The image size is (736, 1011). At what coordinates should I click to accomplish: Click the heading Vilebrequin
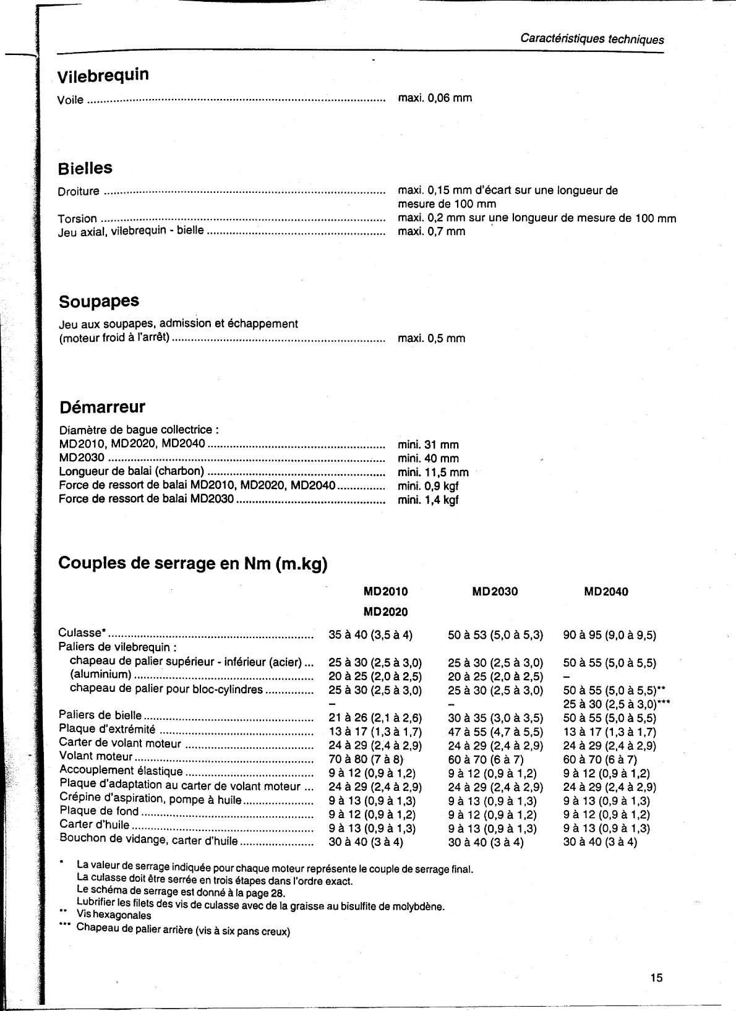click(103, 75)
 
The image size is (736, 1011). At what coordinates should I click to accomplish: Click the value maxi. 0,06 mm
click(435, 98)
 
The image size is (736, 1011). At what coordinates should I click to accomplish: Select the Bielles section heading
click(85, 168)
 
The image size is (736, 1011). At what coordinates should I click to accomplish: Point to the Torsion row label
click(77, 218)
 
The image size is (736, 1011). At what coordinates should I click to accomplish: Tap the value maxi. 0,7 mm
click(431, 231)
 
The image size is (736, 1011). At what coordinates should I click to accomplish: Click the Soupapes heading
click(99, 302)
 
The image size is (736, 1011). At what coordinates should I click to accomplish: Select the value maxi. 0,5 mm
click(431, 338)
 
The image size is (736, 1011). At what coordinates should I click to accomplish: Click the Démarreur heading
click(102, 407)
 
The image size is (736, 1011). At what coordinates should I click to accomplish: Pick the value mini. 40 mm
click(428, 458)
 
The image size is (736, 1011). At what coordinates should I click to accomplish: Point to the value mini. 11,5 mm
click(433, 472)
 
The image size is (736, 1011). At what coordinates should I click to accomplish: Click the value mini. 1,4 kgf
click(428, 500)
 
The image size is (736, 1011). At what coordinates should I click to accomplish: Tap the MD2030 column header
click(495, 592)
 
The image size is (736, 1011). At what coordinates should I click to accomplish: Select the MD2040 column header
click(605, 592)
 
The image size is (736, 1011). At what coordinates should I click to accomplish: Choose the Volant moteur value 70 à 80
click(366, 759)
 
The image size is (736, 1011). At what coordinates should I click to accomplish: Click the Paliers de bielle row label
click(100, 715)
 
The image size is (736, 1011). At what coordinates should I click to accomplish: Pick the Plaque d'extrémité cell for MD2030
click(495, 732)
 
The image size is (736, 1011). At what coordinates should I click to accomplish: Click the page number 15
click(656, 978)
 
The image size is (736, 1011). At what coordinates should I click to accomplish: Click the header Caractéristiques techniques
click(592, 39)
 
